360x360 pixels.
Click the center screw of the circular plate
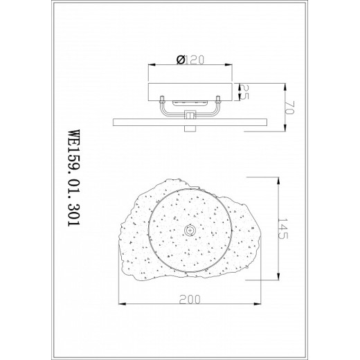pos(189,231)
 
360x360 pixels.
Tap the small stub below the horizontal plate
pos(190,127)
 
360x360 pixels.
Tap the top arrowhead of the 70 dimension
pos(285,84)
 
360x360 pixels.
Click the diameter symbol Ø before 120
pos(179,60)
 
